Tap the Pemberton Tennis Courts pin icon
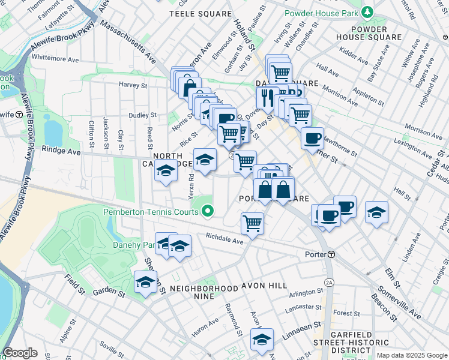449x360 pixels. pos(208,211)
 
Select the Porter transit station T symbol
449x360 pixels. pos(331,254)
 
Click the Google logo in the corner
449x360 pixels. pos(20,353)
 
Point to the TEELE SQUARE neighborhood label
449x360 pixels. pos(200,13)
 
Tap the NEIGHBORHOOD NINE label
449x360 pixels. pos(203,289)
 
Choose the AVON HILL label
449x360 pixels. pos(265,286)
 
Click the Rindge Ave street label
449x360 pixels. pos(61,151)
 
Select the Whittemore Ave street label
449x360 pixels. pos(55,59)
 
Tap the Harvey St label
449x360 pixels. pos(133,85)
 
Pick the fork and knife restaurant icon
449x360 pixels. pos(267,97)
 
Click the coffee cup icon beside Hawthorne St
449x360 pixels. pos(312,138)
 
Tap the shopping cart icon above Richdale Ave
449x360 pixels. pos(252,223)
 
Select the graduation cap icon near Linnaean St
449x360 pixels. pos(262,339)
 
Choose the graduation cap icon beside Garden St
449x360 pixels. pos(145,283)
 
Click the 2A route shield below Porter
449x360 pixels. pos(328,282)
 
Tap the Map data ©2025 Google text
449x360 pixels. pos(412,355)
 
